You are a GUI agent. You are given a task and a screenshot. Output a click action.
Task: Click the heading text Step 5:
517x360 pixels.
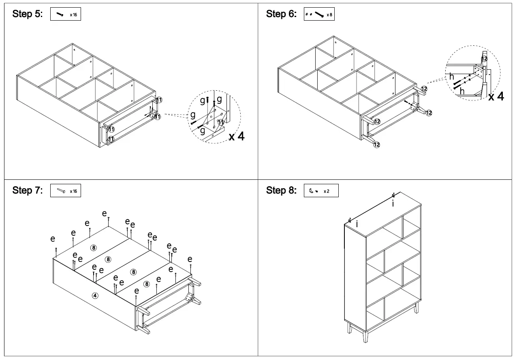point(27,14)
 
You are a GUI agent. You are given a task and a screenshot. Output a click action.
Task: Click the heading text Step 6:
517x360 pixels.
point(281,14)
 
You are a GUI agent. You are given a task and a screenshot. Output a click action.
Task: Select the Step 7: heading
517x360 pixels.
point(27,190)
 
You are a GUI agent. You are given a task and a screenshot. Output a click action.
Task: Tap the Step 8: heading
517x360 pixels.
point(281,190)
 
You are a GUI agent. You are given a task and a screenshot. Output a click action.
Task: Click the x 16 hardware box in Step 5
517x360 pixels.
point(66,14)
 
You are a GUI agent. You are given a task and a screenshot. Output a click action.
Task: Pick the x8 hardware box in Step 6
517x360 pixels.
point(319,14)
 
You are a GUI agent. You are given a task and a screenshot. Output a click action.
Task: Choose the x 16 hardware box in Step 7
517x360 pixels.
point(66,191)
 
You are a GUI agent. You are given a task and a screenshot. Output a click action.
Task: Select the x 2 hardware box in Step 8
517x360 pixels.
point(320,191)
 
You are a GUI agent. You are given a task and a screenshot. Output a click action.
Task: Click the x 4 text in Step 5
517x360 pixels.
point(237,136)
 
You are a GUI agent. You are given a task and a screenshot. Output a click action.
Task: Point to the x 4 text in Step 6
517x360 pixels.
point(496,96)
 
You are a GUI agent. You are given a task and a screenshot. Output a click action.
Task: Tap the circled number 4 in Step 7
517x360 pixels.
point(95,296)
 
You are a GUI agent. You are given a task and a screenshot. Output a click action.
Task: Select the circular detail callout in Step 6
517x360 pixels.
point(473,73)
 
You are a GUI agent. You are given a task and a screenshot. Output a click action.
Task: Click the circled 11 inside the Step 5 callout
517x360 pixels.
point(221,122)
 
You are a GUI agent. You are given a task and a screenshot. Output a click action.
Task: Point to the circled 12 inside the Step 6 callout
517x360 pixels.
point(484,58)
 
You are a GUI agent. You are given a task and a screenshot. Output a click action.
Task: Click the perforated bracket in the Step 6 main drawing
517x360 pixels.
point(413,107)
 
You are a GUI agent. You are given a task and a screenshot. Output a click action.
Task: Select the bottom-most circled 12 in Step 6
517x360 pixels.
point(377,145)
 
